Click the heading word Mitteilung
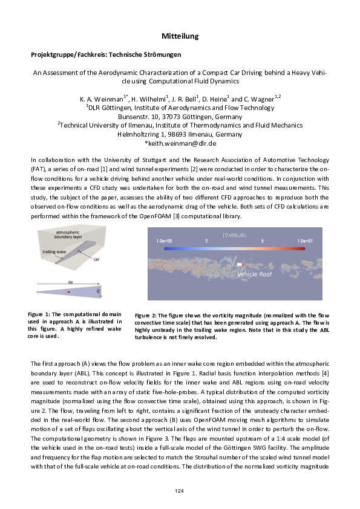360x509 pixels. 180,37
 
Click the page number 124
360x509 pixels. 180,490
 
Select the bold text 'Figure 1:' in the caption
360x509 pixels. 41,314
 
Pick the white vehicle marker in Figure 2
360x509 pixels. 240,264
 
